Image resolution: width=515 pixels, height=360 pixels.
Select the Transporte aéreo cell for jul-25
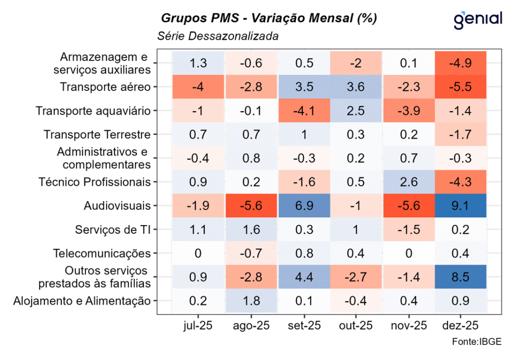[x=198, y=87]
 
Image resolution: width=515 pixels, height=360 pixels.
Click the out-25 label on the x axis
[x=356, y=325]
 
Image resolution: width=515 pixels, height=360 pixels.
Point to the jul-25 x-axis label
[x=198, y=325]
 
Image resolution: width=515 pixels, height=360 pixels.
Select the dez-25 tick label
[x=460, y=325]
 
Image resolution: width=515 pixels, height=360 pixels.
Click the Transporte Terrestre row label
[x=97, y=135]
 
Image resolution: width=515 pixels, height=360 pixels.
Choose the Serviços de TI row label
[x=113, y=229]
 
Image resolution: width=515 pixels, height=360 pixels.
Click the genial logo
[x=478, y=19]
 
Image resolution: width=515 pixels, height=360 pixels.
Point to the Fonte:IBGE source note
[x=476, y=342]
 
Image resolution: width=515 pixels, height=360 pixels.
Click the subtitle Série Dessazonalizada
[x=218, y=36]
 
